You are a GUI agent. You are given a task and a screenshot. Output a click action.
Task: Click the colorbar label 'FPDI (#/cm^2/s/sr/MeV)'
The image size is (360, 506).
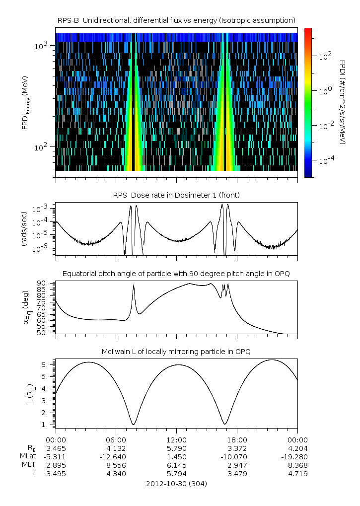click(x=342, y=102)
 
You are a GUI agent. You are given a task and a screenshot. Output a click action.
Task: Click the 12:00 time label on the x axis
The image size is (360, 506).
click(x=176, y=440)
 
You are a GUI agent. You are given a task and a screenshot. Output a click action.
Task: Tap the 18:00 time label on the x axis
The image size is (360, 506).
click(x=237, y=440)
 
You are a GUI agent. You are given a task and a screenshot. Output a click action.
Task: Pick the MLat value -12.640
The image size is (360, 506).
click(x=116, y=457)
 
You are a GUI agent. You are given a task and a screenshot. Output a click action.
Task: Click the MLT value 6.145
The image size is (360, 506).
click(x=176, y=465)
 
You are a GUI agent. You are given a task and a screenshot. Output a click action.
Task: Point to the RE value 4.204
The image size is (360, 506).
click(x=297, y=448)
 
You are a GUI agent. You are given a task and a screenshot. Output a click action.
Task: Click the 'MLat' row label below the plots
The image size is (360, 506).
click(x=29, y=457)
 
